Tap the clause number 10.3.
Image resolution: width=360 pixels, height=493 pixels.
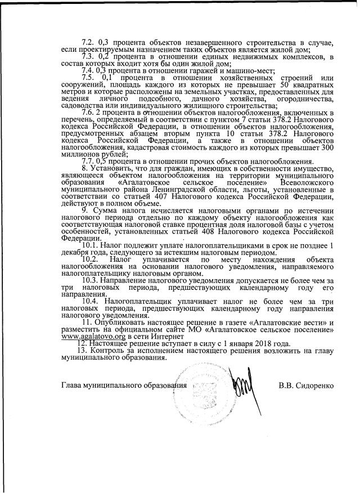[91, 280]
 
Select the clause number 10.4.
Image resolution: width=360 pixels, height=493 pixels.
[91, 301]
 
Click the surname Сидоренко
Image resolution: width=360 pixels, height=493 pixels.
[314, 386]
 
